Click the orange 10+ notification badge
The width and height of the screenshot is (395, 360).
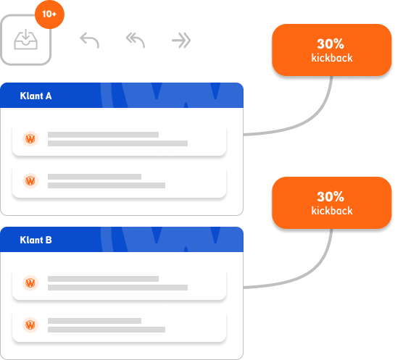tap(49, 14)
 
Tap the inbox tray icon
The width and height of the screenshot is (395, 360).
tap(25, 39)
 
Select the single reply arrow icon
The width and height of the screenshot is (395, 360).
tap(89, 40)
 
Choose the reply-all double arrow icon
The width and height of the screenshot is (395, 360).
tap(136, 40)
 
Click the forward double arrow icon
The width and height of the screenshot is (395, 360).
tap(181, 41)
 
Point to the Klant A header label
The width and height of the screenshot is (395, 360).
tap(36, 96)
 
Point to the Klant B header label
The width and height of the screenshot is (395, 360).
tap(36, 240)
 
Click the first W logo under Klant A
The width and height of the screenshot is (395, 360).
tap(30, 139)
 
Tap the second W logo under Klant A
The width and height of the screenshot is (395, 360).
tap(30, 181)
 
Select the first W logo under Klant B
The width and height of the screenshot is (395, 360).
tap(30, 282)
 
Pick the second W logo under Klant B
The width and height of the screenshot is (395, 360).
tap(30, 325)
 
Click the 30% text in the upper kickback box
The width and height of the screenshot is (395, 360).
tap(330, 43)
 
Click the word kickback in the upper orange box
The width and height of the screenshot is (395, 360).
tap(332, 58)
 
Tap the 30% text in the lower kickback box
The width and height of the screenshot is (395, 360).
tap(330, 196)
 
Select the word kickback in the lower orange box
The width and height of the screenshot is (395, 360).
tap(332, 211)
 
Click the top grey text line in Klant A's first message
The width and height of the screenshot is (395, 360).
tap(104, 135)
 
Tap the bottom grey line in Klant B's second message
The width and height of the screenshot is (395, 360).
tap(107, 330)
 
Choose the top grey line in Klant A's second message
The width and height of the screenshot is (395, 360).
tap(94, 177)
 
